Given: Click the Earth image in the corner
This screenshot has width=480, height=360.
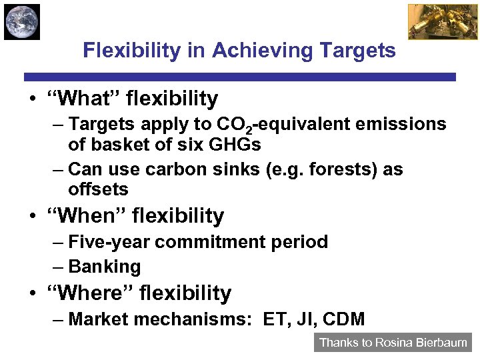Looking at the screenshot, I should pyautogui.click(x=21, y=21).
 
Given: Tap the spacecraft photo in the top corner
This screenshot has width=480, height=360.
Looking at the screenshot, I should pyautogui.click(x=433, y=21).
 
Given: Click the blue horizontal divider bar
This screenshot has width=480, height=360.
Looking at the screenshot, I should pyautogui.click(x=240, y=77).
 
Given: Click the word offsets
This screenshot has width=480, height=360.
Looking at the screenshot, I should pyautogui.click(x=98, y=189).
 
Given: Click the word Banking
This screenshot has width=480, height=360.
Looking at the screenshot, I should pyautogui.click(x=105, y=267).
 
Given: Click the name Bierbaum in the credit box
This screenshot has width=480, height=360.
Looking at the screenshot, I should pyautogui.click(x=441, y=343).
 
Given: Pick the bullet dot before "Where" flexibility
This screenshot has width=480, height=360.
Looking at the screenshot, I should pyautogui.click(x=33, y=294).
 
